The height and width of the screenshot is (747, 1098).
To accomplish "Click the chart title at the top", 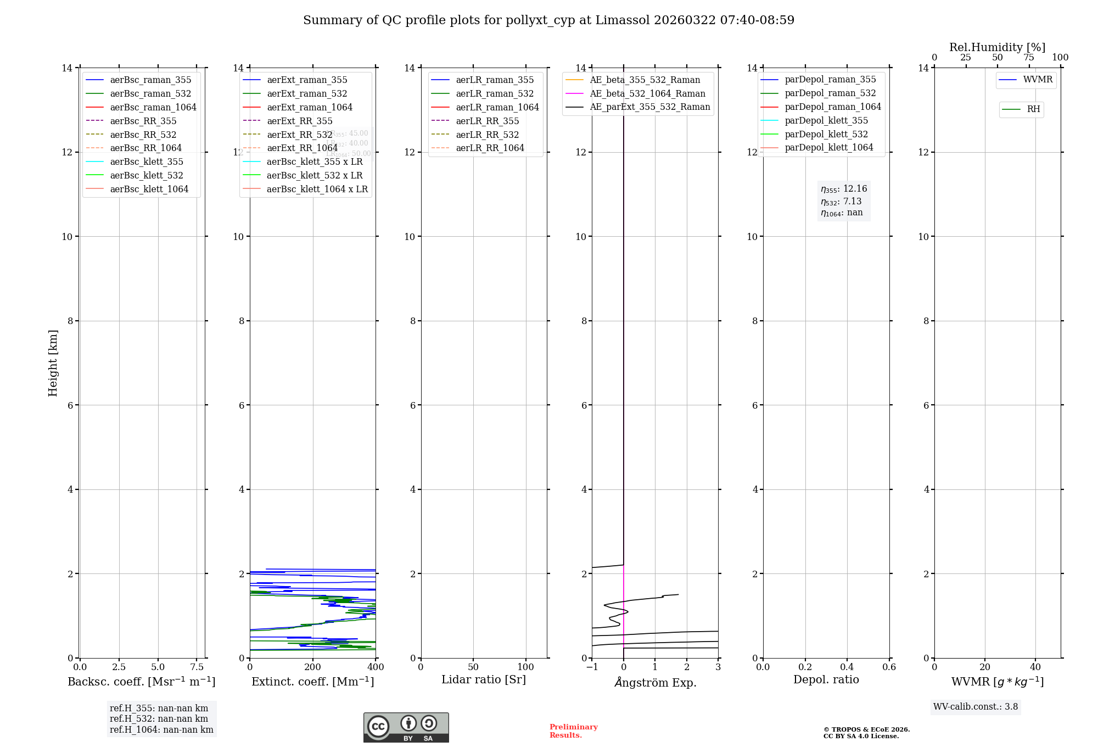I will click(x=548, y=20).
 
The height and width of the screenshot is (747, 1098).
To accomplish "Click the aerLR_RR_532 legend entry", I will click(x=487, y=135).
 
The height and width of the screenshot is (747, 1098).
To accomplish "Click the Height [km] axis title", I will click(x=53, y=363).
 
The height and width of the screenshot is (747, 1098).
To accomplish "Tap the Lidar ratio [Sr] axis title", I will click(x=484, y=680).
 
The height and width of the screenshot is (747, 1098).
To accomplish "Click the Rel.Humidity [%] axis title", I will click(x=997, y=47).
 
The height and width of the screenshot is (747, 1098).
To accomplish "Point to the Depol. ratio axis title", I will click(x=826, y=680).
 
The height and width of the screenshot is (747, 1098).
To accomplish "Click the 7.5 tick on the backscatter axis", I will click(x=197, y=667).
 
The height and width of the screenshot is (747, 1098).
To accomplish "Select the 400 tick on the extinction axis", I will click(x=376, y=667).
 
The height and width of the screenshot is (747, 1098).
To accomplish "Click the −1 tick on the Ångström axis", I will click(x=592, y=667).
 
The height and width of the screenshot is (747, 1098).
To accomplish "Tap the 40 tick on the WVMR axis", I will click(x=1035, y=667).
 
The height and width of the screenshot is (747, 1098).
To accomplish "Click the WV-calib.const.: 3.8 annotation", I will click(x=976, y=707).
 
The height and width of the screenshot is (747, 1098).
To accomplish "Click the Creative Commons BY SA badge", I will click(x=406, y=727).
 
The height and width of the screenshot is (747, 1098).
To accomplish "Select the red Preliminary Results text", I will click(x=573, y=731).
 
